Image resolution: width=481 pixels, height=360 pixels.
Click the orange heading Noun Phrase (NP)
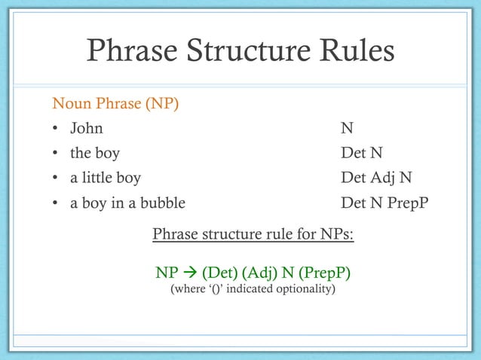[x=115, y=102]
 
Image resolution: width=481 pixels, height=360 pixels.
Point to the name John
[x=86, y=128]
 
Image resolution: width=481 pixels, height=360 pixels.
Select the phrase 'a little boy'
[x=105, y=178]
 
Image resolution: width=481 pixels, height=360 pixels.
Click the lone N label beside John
[x=347, y=128]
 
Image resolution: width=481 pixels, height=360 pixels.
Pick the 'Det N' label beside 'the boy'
[x=362, y=154]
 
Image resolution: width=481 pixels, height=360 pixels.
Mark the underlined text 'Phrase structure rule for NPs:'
[x=253, y=235]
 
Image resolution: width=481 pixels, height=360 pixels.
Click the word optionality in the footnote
[x=305, y=288]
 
